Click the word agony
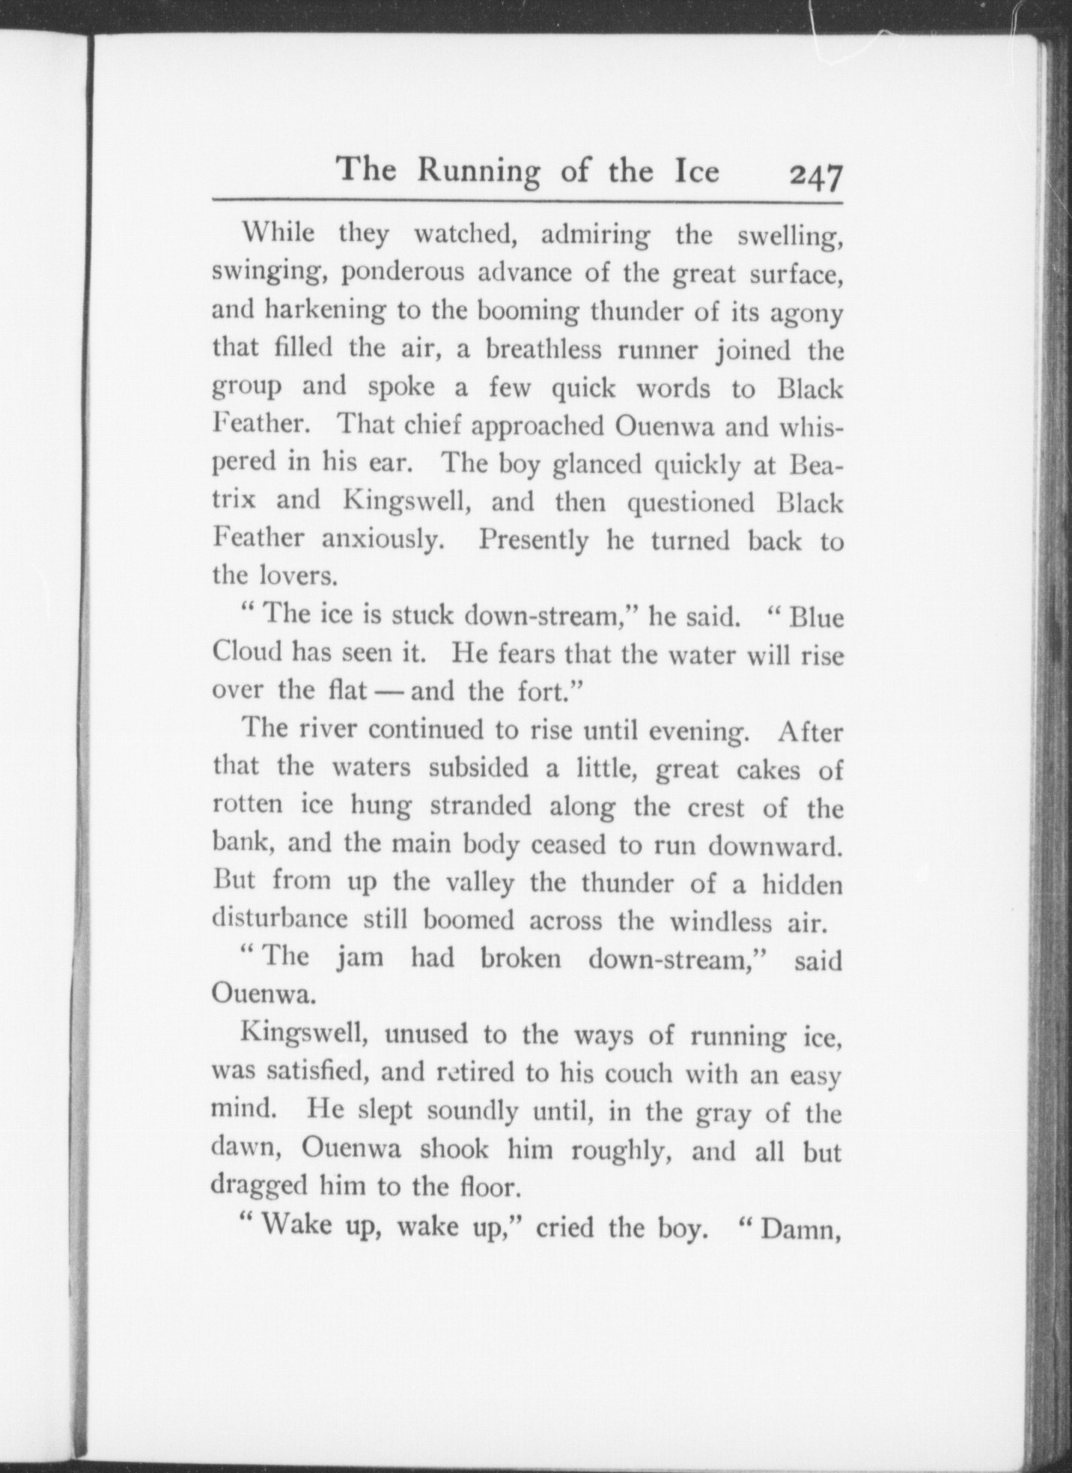[807, 313]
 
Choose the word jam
[360, 959]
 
